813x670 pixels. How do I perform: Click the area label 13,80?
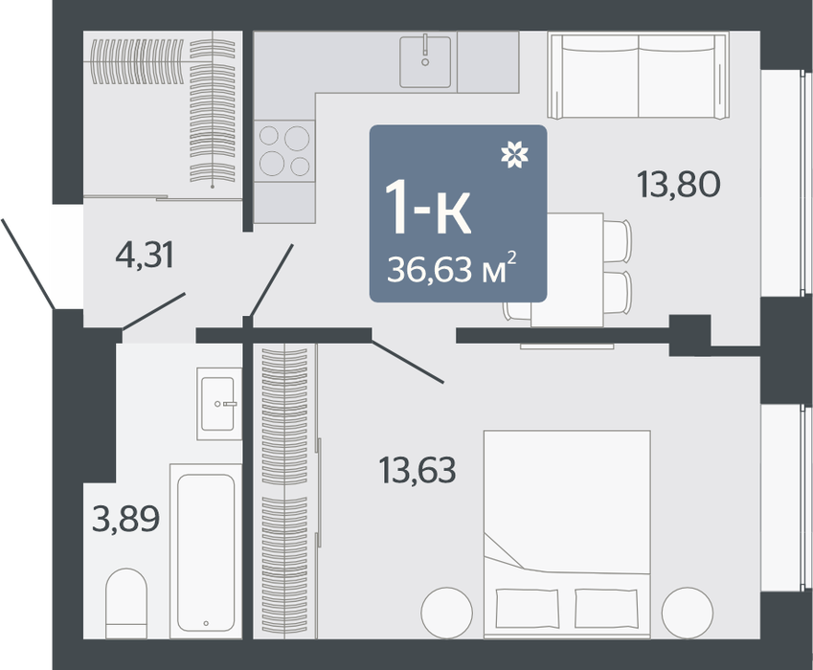(x=678, y=185)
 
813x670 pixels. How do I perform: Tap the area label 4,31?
(x=145, y=256)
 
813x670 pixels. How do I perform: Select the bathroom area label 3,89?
(x=125, y=519)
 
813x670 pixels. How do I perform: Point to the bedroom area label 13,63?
(x=418, y=470)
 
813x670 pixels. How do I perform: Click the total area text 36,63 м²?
(x=451, y=268)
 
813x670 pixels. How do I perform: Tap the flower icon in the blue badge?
(x=514, y=154)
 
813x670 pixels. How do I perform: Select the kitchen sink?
(x=425, y=61)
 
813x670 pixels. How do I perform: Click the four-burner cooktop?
(x=284, y=151)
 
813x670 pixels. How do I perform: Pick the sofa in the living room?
(x=639, y=76)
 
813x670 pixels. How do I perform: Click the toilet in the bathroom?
(x=126, y=604)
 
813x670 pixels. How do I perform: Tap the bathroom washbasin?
(x=218, y=404)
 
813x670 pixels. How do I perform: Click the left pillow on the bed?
(x=528, y=609)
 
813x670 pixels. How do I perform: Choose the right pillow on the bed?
(x=606, y=609)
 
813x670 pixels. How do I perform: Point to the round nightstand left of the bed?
(x=447, y=613)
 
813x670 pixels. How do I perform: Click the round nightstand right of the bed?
(x=688, y=613)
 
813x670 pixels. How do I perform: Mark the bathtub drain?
(x=206, y=623)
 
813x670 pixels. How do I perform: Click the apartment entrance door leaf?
(x=28, y=264)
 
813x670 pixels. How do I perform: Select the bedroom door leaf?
(x=408, y=362)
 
